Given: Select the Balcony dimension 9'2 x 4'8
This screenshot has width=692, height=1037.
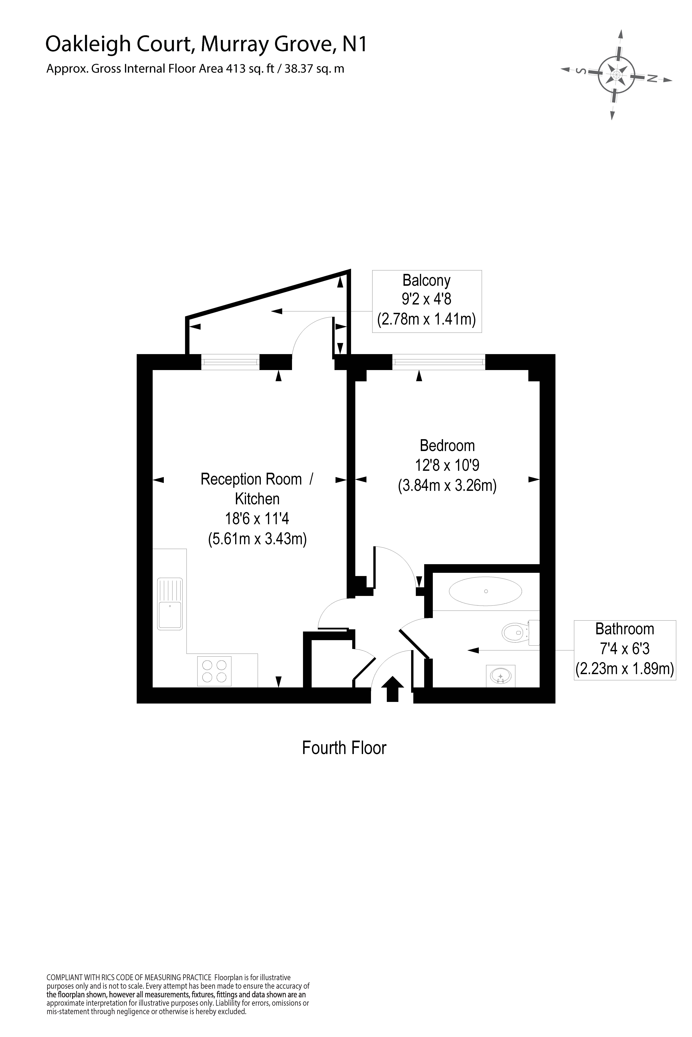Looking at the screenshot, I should (426, 299).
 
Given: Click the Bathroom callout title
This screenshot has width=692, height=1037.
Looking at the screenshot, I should (624, 629).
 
